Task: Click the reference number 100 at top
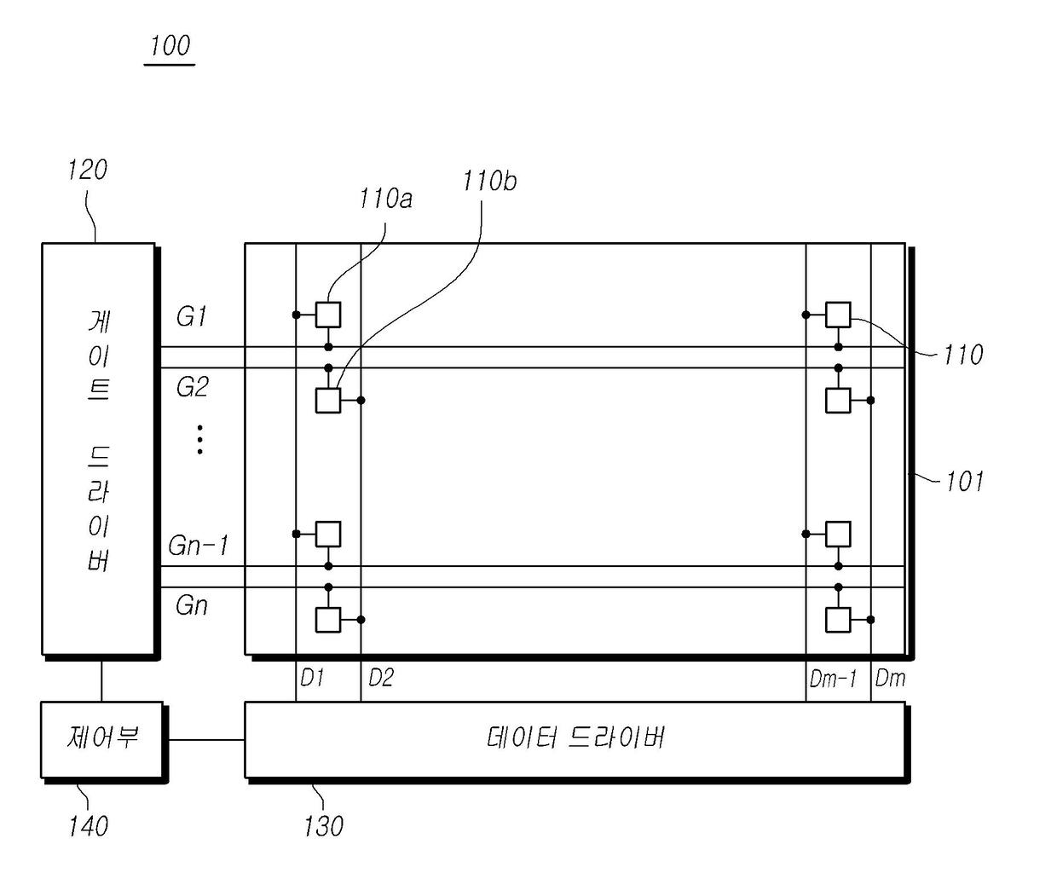tap(170, 45)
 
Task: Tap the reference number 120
tap(88, 170)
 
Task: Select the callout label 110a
tap(385, 199)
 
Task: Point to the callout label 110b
tap(489, 181)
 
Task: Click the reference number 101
tap(964, 482)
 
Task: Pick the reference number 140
tap(88, 825)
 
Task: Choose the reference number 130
tap(323, 825)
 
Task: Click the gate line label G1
tap(192, 316)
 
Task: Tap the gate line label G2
tap(192, 387)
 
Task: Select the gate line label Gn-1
tap(199, 545)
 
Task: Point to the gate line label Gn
tap(192, 605)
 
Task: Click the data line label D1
tap(312, 678)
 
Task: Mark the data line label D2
tap(380, 678)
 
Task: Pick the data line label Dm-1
tap(833, 679)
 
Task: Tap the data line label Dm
tap(890, 678)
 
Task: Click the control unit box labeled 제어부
tap(102, 738)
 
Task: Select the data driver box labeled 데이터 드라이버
tap(575, 738)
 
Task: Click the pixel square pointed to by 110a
tap(328, 315)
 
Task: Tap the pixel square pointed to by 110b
tap(328, 400)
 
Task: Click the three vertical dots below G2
tap(199, 439)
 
